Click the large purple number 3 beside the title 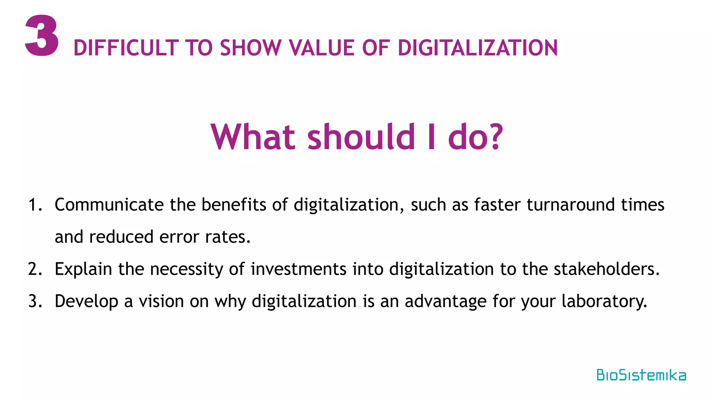pos(42,36)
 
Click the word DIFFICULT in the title pos(126,48)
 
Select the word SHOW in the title pos(251,48)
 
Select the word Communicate pos(109,205)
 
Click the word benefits pos(234,205)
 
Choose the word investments pos(298,269)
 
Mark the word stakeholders pos(606,269)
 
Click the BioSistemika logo pos(641,375)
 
